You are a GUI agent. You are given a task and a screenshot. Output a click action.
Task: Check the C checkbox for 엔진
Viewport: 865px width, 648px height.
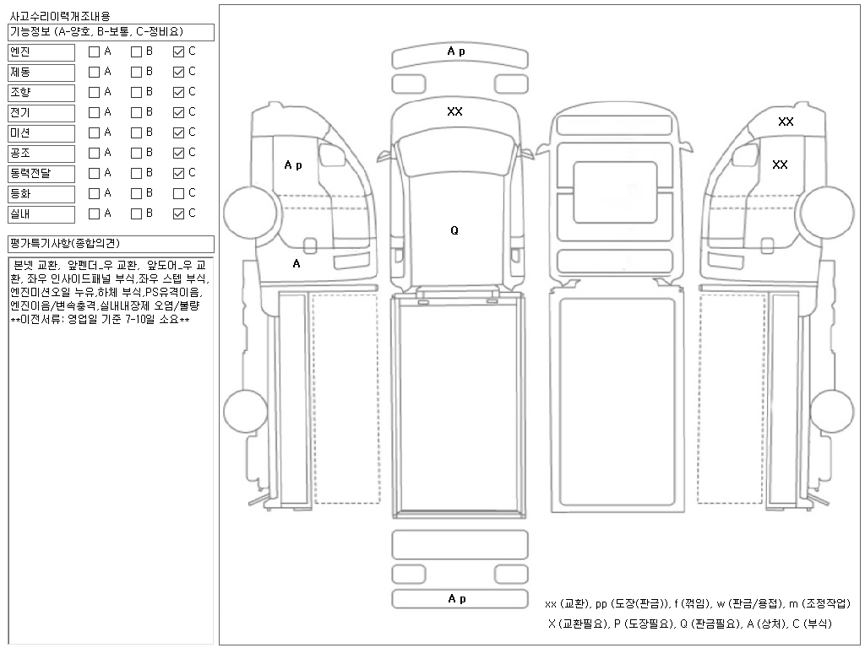click(x=178, y=51)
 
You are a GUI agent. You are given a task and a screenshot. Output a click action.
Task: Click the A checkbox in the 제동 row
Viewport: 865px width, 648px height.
click(x=95, y=72)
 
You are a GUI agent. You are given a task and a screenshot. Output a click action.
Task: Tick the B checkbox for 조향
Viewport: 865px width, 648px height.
click(x=136, y=92)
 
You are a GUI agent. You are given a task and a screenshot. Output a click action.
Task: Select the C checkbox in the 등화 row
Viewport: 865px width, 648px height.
click(x=178, y=193)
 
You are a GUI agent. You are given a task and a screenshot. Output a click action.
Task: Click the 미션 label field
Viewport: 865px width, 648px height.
click(x=42, y=133)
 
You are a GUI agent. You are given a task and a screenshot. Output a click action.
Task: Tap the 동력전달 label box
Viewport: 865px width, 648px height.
click(x=42, y=174)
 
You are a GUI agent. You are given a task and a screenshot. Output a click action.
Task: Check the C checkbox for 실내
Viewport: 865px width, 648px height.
click(x=178, y=213)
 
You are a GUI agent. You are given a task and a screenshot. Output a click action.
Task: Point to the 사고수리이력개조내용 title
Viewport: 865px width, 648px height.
click(x=59, y=16)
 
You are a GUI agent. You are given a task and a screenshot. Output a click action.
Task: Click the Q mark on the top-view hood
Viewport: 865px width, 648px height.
click(x=454, y=230)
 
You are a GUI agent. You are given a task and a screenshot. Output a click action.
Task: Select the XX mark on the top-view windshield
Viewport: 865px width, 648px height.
click(x=454, y=111)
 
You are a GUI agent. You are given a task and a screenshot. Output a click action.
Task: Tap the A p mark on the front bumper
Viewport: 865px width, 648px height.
click(x=456, y=51)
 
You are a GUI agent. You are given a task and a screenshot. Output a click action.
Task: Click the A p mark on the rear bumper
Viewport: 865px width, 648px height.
click(x=457, y=598)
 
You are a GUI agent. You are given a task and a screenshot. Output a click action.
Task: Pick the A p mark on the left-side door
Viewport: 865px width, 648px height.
click(x=293, y=165)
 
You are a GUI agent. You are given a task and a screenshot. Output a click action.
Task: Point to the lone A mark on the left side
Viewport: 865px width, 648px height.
click(x=296, y=263)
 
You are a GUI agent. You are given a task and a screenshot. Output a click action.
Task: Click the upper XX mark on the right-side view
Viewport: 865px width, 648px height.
click(x=786, y=121)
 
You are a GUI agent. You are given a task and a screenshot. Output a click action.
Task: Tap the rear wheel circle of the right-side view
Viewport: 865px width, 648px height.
click(x=831, y=410)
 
